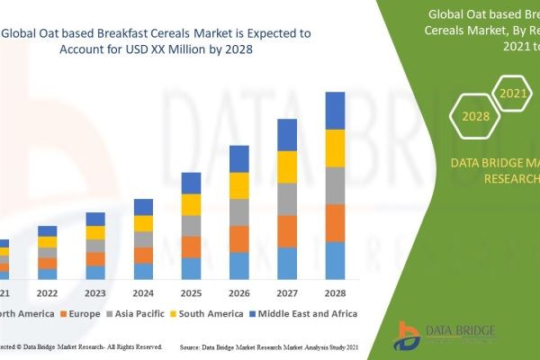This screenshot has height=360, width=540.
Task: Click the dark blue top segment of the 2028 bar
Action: click(x=335, y=111)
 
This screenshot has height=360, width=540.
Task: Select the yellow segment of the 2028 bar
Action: click(x=335, y=148)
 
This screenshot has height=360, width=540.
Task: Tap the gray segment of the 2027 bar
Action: click(x=287, y=199)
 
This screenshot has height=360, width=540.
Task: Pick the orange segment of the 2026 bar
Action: click(x=239, y=238)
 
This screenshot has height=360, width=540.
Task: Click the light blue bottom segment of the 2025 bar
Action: click(x=191, y=268)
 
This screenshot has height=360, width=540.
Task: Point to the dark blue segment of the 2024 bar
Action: click(x=143, y=207)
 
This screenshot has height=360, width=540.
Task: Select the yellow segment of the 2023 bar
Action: click(x=95, y=232)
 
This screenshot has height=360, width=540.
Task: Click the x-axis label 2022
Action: click(x=47, y=293)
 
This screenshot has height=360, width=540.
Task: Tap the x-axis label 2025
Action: click(x=191, y=293)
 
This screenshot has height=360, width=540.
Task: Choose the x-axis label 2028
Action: click(x=335, y=293)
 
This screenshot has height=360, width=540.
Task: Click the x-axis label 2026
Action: click(x=239, y=293)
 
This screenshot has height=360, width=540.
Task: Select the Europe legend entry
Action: click(x=80, y=313)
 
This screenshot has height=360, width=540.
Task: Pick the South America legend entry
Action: click(x=207, y=313)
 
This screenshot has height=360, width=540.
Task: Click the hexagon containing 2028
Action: click(x=474, y=116)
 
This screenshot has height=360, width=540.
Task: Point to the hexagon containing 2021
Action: click(x=514, y=93)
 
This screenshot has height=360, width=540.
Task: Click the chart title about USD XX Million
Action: click(x=157, y=41)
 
